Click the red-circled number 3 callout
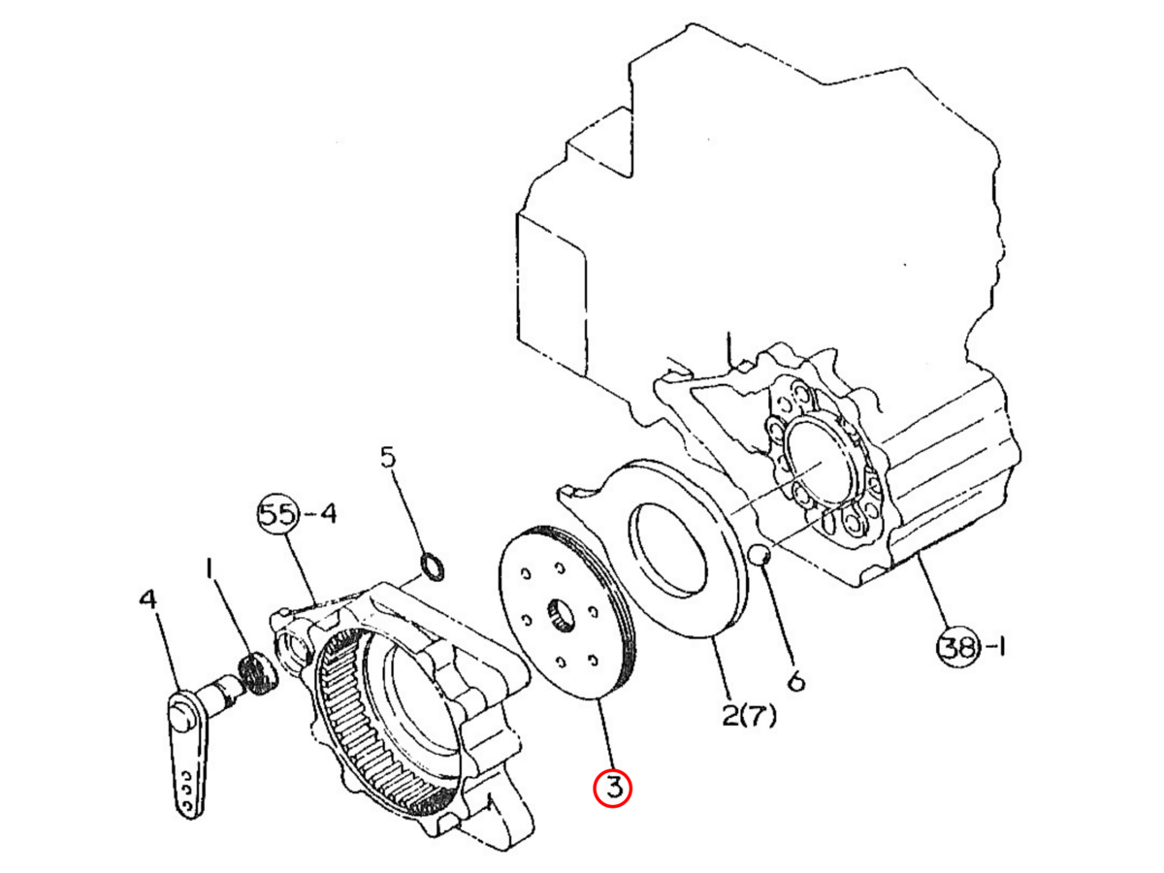[612, 789]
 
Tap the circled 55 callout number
[278, 514]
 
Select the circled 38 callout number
[957, 647]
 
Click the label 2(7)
[749, 716]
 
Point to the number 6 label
[794, 681]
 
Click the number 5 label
[389, 457]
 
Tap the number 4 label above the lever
[148, 599]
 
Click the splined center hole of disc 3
[561, 617]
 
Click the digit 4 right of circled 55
[328, 514]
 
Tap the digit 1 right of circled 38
[1001, 647]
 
